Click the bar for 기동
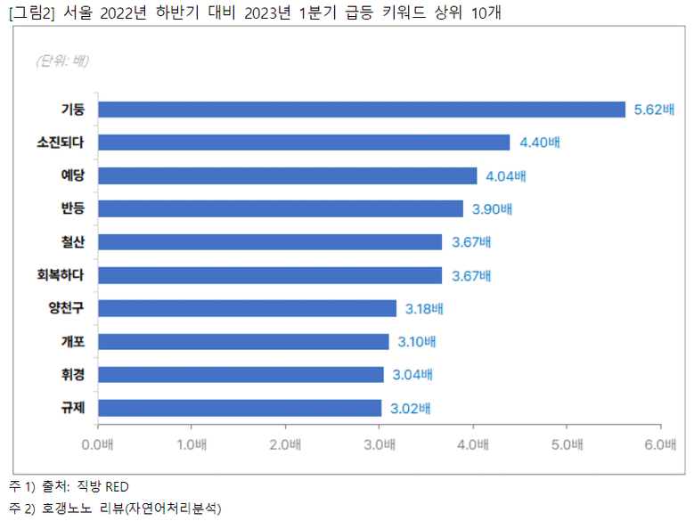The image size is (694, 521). tap(361, 110)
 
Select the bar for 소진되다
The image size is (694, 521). tap(303, 142)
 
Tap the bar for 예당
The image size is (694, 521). tap(287, 175)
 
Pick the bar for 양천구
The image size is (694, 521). tap(247, 308)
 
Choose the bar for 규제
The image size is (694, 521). tap(240, 408)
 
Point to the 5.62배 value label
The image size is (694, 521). tap(654, 110)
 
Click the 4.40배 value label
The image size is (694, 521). tap(539, 142)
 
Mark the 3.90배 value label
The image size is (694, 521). tap(492, 209)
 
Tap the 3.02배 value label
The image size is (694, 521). tap(410, 409)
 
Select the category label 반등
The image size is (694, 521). tap(72, 209)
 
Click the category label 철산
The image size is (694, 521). tap(72, 242)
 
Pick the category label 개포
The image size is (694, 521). tap(72, 341)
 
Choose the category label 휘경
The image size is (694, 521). tap(72, 374)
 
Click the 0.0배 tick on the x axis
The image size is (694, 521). tap(97, 443)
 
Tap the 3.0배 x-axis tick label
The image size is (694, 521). tap(380, 443)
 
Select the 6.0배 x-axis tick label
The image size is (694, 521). tap(660, 443)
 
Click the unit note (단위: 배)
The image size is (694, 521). tap(61, 61)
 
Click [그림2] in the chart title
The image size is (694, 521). tap(29, 14)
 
